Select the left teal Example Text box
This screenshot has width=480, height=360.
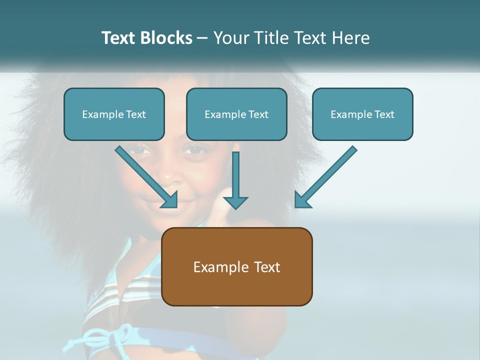pyautogui.click(x=114, y=114)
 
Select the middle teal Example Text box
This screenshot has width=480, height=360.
pyautogui.click(x=236, y=114)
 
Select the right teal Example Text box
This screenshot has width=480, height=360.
pyautogui.click(x=362, y=114)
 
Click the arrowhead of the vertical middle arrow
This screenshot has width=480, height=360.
pyautogui.click(x=235, y=202)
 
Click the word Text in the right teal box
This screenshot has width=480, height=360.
pyautogui.click(x=384, y=114)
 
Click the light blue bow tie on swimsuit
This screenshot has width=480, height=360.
pyautogui.click(x=107, y=336)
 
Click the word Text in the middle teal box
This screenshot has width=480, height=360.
pyautogui.click(x=258, y=114)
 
